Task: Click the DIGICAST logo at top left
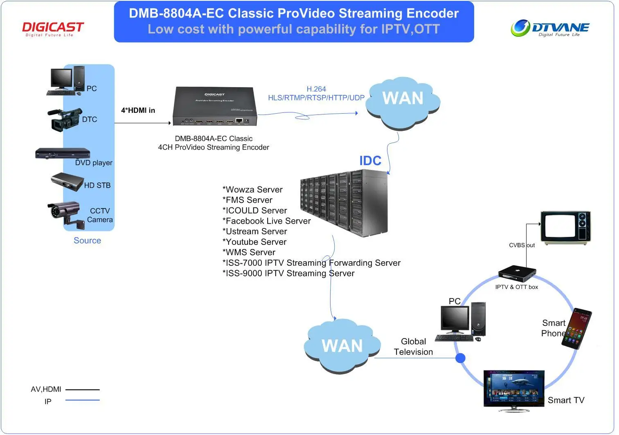point(53,29)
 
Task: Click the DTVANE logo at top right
point(550,28)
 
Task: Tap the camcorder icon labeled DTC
point(64,119)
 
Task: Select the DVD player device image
point(62,154)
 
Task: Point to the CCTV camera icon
point(64,213)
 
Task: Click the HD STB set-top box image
point(67,182)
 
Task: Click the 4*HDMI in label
point(138,110)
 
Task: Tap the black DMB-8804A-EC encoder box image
point(215,106)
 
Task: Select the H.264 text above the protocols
point(316,89)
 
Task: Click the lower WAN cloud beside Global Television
point(342,346)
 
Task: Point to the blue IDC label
point(370,161)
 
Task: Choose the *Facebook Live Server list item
point(267,221)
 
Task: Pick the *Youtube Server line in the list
point(254,242)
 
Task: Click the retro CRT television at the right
point(565,227)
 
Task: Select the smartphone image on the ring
point(577,329)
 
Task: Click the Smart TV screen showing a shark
point(514,388)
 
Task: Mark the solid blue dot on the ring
point(460,358)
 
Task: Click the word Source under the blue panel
point(87,241)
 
